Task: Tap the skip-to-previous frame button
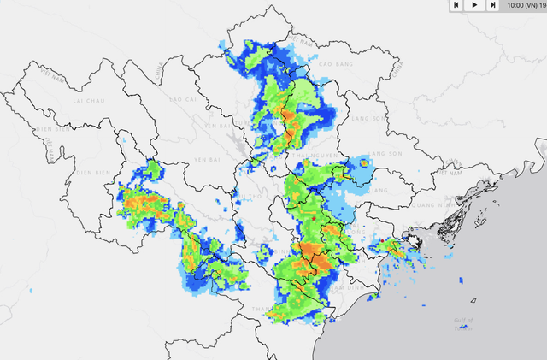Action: [x=456, y=5]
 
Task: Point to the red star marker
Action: [x=315, y=221]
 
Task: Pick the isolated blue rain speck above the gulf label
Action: [x=462, y=280]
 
